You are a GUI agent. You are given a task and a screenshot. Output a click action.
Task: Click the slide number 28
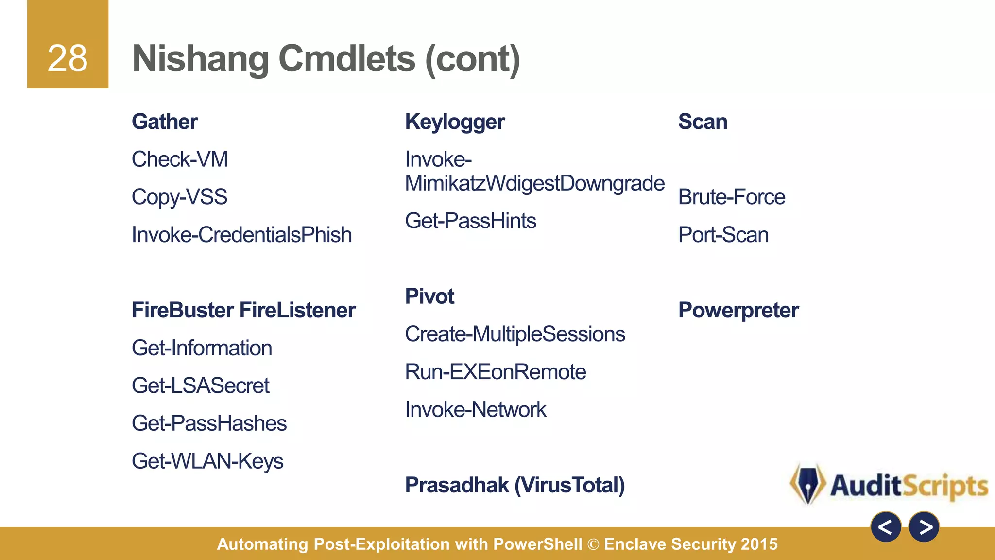[x=68, y=58]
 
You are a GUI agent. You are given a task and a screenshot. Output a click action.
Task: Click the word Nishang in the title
[x=200, y=59]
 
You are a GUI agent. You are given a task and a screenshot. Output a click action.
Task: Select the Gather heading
[x=165, y=122]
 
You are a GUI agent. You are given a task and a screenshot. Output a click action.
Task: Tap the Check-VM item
[x=180, y=159]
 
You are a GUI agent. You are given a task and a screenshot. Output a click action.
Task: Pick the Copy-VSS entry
[x=179, y=197]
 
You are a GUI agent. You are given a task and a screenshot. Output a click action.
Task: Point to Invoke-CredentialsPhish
[x=241, y=235]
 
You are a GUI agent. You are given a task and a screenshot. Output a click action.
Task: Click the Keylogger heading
[x=455, y=122]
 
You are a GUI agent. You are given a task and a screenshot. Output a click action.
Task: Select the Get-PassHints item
[x=470, y=221]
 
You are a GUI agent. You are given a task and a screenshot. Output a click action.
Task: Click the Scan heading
[x=703, y=122]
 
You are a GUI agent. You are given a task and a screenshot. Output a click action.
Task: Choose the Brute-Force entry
[x=731, y=197]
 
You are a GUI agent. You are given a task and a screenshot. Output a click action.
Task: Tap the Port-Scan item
[x=723, y=235]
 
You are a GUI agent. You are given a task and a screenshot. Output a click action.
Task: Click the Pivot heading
[x=429, y=297]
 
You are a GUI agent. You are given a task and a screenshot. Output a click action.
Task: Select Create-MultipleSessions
[x=515, y=334]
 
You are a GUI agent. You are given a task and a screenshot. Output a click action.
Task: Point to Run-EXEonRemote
[x=495, y=372]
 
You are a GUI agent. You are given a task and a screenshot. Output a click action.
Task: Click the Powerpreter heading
[x=738, y=310]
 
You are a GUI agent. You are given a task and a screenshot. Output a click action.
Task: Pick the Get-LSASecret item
[x=200, y=385]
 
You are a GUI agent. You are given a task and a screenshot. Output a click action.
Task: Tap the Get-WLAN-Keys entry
[x=207, y=461]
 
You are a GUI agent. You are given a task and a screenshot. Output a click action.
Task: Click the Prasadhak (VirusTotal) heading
[x=515, y=485]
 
